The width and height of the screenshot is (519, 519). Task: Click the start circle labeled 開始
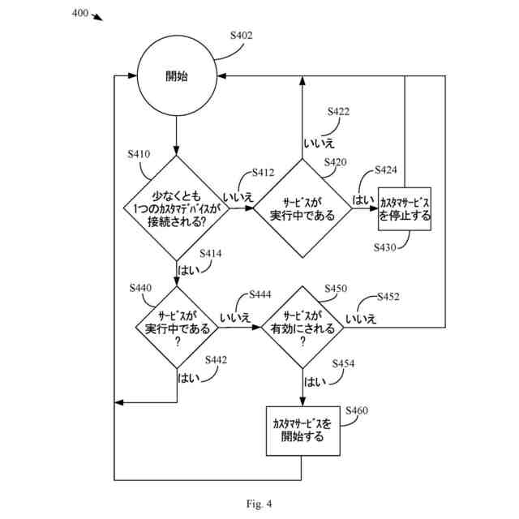176,76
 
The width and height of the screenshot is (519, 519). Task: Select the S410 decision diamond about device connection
176,208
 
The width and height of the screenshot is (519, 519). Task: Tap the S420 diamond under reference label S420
302,208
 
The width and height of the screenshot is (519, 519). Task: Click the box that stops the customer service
405,209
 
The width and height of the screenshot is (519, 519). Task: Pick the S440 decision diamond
177,328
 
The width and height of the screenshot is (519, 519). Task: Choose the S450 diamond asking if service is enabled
302,328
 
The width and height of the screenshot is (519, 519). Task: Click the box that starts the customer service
302,430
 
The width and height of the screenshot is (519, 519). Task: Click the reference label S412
264,173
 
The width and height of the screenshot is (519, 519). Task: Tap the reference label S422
338,111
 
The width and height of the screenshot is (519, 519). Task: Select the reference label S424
386,170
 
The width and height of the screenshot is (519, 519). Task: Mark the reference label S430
385,247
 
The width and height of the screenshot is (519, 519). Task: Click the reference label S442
217,359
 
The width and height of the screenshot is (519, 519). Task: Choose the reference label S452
388,297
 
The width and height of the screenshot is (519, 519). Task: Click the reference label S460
357,410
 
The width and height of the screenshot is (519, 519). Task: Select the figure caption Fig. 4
259,504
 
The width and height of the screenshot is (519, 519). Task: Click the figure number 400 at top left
80,13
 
